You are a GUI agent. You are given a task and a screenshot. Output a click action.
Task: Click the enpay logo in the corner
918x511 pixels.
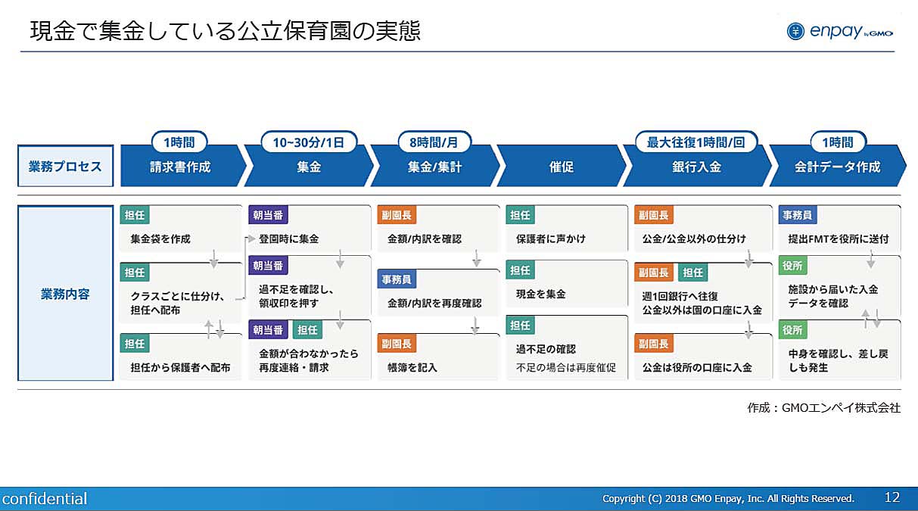[x=840, y=31]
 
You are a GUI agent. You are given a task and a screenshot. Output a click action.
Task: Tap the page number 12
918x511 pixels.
[x=892, y=497]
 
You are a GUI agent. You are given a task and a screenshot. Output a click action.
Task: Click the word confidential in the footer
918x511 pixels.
[x=45, y=499]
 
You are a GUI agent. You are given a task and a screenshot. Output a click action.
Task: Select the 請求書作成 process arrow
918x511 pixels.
[x=183, y=166]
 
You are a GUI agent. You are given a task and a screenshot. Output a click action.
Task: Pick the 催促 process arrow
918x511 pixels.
[x=562, y=166]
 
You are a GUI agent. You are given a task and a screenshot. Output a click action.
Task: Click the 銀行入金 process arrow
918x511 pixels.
[x=697, y=166]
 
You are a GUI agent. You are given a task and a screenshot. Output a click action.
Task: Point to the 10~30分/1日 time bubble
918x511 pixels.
[x=309, y=142]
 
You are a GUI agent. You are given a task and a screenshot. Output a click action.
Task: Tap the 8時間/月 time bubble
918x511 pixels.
[x=434, y=142]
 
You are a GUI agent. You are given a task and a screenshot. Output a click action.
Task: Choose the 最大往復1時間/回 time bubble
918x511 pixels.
[x=696, y=142]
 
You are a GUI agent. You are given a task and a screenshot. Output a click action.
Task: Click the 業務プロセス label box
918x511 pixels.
[x=66, y=166]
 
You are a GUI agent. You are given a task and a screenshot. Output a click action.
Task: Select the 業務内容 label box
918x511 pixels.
[x=66, y=293]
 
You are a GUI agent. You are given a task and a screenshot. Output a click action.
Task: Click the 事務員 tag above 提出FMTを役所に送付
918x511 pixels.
[x=797, y=215]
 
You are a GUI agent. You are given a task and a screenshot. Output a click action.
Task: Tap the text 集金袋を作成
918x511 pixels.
[x=160, y=238]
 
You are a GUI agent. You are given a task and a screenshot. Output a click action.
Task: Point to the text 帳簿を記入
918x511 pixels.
[x=412, y=367]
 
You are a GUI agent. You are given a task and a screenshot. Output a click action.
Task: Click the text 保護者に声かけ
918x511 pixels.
[x=550, y=238]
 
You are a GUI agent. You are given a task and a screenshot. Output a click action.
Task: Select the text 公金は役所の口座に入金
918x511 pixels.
[x=697, y=367]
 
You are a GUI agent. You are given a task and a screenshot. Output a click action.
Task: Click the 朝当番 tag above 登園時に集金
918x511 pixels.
[x=268, y=215]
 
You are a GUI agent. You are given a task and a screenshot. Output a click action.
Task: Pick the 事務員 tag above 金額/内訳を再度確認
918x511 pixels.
[x=397, y=279]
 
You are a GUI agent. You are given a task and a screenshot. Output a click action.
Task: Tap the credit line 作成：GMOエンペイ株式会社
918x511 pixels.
[x=823, y=407]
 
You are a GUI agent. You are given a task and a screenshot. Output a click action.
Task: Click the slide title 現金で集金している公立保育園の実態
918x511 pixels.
[x=225, y=31]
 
